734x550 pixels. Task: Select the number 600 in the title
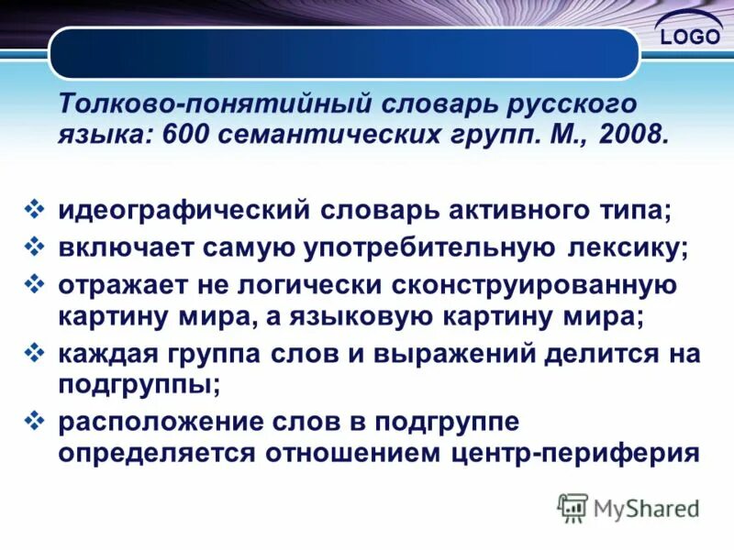pyautogui.click(x=183, y=136)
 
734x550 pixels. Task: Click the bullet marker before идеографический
pyautogui.click(x=34, y=210)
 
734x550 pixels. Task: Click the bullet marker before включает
pyautogui.click(x=34, y=247)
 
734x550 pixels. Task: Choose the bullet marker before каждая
pyautogui.click(x=34, y=351)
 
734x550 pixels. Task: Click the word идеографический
pyautogui.click(x=183, y=212)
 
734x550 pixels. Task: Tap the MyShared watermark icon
pyautogui.click(x=573, y=508)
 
